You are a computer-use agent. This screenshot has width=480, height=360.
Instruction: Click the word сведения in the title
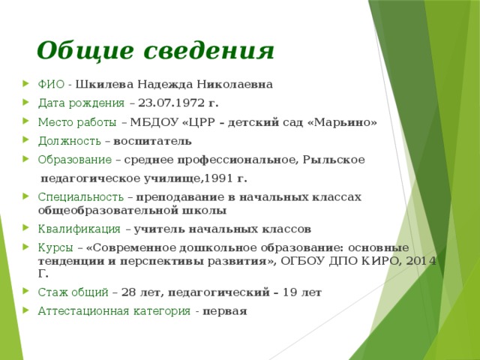pyautogui.click(x=208, y=50)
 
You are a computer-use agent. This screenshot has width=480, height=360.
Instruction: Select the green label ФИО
pyautogui.click(x=51, y=84)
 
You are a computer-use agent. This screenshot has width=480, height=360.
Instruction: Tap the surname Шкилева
pyautogui.click(x=104, y=84)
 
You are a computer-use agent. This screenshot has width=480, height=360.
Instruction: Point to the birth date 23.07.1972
pyautogui.click(x=171, y=103)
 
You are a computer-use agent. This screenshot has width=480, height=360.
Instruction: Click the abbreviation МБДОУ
pyautogui.click(x=154, y=122)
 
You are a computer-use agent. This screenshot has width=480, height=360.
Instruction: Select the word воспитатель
pyautogui.click(x=152, y=141)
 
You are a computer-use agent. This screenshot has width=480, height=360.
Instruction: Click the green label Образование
pyautogui.click(x=75, y=160)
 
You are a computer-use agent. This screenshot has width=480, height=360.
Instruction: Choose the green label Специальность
pyautogui.click(x=81, y=196)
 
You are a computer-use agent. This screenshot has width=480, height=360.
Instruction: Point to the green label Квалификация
pyautogui.click(x=79, y=229)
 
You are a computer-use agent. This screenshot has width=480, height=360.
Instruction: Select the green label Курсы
pyautogui.click(x=55, y=247)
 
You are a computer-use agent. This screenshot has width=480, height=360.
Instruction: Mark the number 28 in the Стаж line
pyautogui.click(x=128, y=292)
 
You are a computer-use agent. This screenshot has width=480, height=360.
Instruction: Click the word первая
pyautogui.click(x=225, y=311)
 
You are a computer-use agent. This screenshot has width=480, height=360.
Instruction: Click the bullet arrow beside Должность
pyautogui.click(x=25, y=140)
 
